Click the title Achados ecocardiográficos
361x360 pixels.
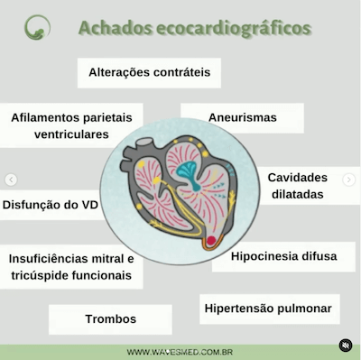click(x=195, y=28)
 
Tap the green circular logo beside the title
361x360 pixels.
click(x=38, y=27)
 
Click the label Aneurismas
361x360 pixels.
click(x=242, y=117)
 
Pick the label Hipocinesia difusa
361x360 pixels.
click(x=282, y=256)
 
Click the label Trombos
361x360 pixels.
click(x=110, y=318)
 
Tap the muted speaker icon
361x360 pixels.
click(x=345, y=346)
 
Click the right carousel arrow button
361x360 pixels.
click(x=349, y=180)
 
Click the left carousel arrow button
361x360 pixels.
click(x=12, y=180)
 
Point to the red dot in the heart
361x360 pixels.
click(x=210, y=241)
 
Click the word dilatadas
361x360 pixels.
click(x=297, y=194)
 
